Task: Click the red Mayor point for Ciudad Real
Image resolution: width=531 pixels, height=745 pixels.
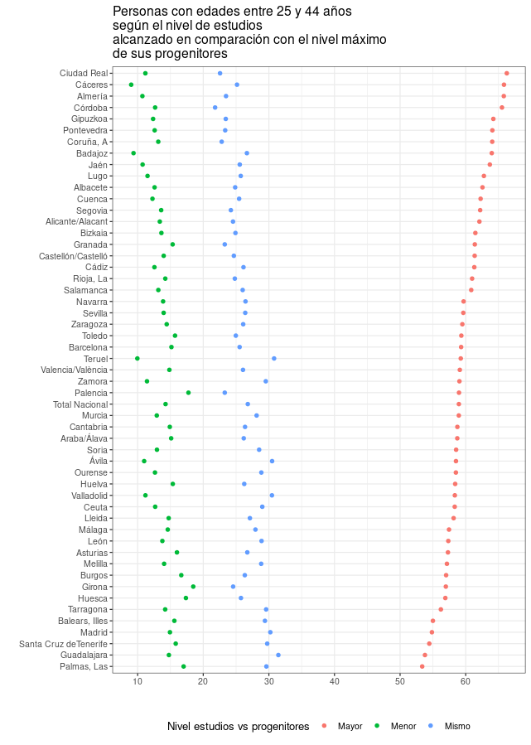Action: (x=507, y=73)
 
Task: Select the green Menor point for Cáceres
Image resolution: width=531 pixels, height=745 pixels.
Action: (x=131, y=85)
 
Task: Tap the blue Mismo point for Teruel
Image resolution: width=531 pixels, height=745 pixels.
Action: (x=274, y=359)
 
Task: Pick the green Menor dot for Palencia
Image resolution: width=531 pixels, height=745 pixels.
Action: (x=188, y=393)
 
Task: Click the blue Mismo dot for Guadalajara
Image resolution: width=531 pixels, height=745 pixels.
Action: (x=278, y=655)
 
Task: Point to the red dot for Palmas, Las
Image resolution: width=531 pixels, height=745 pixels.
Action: (x=422, y=666)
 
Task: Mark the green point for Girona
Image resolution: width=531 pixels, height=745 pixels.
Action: (x=193, y=587)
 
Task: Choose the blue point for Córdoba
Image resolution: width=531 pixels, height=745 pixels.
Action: (x=215, y=108)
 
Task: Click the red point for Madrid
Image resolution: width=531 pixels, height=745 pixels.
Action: (x=432, y=632)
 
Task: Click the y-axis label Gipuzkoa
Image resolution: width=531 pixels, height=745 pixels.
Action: (x=89, y=119)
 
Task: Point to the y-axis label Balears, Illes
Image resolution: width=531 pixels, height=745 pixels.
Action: (x=83, y=621)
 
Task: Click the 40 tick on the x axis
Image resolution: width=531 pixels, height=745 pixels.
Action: (x=335, y=682)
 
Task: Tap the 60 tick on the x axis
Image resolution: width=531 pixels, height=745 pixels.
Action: (x=466, y=682)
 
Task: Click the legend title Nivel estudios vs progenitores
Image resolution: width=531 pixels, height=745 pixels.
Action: (x=238, y=727)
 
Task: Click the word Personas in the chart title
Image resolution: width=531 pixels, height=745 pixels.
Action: (x=137, y=12)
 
